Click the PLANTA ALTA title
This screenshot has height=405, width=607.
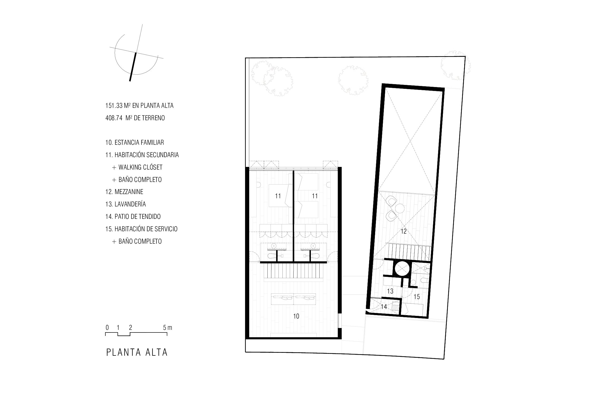coord(137,353)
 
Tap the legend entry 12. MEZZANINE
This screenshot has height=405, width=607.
coord(124,192)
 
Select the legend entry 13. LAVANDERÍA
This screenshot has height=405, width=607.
coord(126,204)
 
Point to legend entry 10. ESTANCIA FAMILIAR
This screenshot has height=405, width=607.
coord(135,143)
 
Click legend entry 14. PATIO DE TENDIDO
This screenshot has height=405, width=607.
coord(133,216)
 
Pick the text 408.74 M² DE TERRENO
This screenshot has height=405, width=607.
coord(135,118)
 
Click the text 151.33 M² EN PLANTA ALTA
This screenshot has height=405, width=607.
coord(139,105)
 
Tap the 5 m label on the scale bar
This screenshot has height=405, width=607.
coord(168,328)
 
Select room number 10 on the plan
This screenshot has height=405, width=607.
coord(296,316)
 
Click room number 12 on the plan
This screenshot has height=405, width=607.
coord(403,232)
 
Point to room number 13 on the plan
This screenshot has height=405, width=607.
coord(390,291)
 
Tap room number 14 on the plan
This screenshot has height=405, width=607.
coord(384,307)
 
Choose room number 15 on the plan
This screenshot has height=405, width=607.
coord(417,297)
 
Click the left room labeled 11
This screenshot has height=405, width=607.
coord(278,196)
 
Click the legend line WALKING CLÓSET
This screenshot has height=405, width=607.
coord(137,167)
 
